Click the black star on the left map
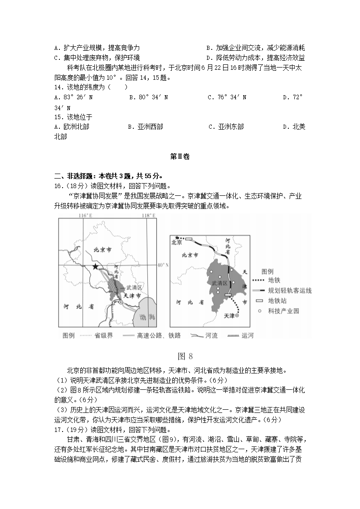coord(95,267)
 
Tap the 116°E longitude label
coord(85,216)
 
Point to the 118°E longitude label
coord(148,216)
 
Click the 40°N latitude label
coord(162,265)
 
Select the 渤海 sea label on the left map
coord(148,317)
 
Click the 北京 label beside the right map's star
coord(177,242)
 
